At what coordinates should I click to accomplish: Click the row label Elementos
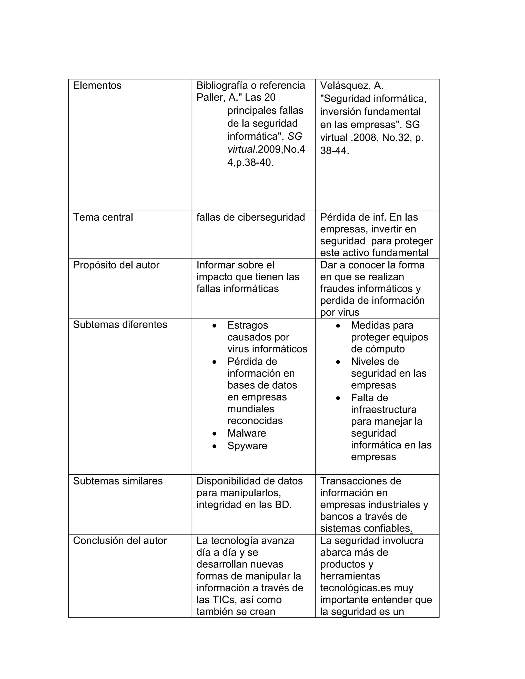click(x=97, y=86)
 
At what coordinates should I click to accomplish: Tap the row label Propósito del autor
click(x=116, y=265)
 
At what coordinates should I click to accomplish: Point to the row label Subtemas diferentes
click(x=120, y=325)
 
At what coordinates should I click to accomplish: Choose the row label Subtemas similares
click(x=118, y=481)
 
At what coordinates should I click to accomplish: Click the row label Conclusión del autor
click(x=120, y=541)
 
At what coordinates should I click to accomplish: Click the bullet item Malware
click(x=247, y=433)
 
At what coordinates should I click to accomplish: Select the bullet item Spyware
click(x=247, y=446)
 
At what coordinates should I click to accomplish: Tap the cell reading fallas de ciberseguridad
click(x=251, y=217)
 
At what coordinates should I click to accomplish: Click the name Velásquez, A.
click(x=352, y=86)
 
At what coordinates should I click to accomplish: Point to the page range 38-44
click(x=334, y=151)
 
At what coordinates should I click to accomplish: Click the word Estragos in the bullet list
click(x=248, y=325)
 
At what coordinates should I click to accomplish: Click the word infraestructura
click(x=384, y=409)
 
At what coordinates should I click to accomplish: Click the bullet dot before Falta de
click(x=338, y=398)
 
